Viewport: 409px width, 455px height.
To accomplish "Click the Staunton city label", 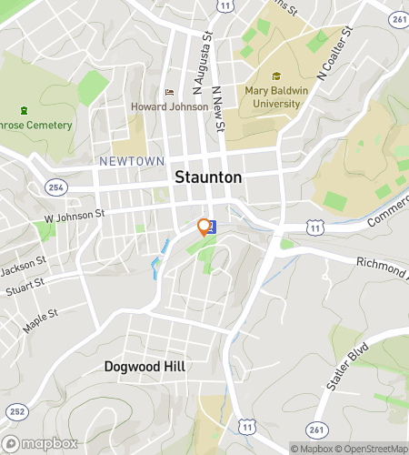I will [208, 177].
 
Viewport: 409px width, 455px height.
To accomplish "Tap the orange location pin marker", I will [204, 227].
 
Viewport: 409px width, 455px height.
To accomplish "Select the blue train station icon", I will [212, 227].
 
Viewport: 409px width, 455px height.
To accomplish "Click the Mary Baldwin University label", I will [273, 96].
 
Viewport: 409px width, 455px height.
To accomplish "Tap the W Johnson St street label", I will [75, 215].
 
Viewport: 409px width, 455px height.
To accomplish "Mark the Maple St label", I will [41, 320].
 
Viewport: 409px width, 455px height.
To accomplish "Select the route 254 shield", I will [56, 187].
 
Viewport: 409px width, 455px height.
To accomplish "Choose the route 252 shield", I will [15, 411].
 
